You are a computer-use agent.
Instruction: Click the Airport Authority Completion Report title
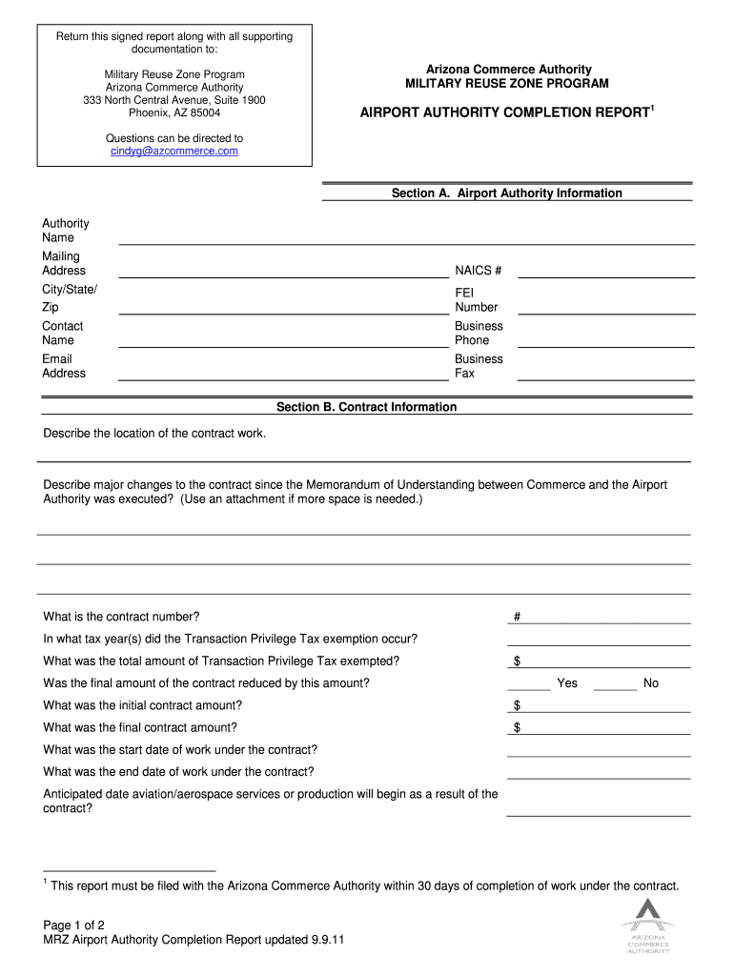504,113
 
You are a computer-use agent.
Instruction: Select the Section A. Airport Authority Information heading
506,193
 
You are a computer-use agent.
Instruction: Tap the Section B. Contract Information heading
366,407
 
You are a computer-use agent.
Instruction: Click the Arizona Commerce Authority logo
647,925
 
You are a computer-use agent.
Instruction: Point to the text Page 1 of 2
73,925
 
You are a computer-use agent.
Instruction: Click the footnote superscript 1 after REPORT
652,109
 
